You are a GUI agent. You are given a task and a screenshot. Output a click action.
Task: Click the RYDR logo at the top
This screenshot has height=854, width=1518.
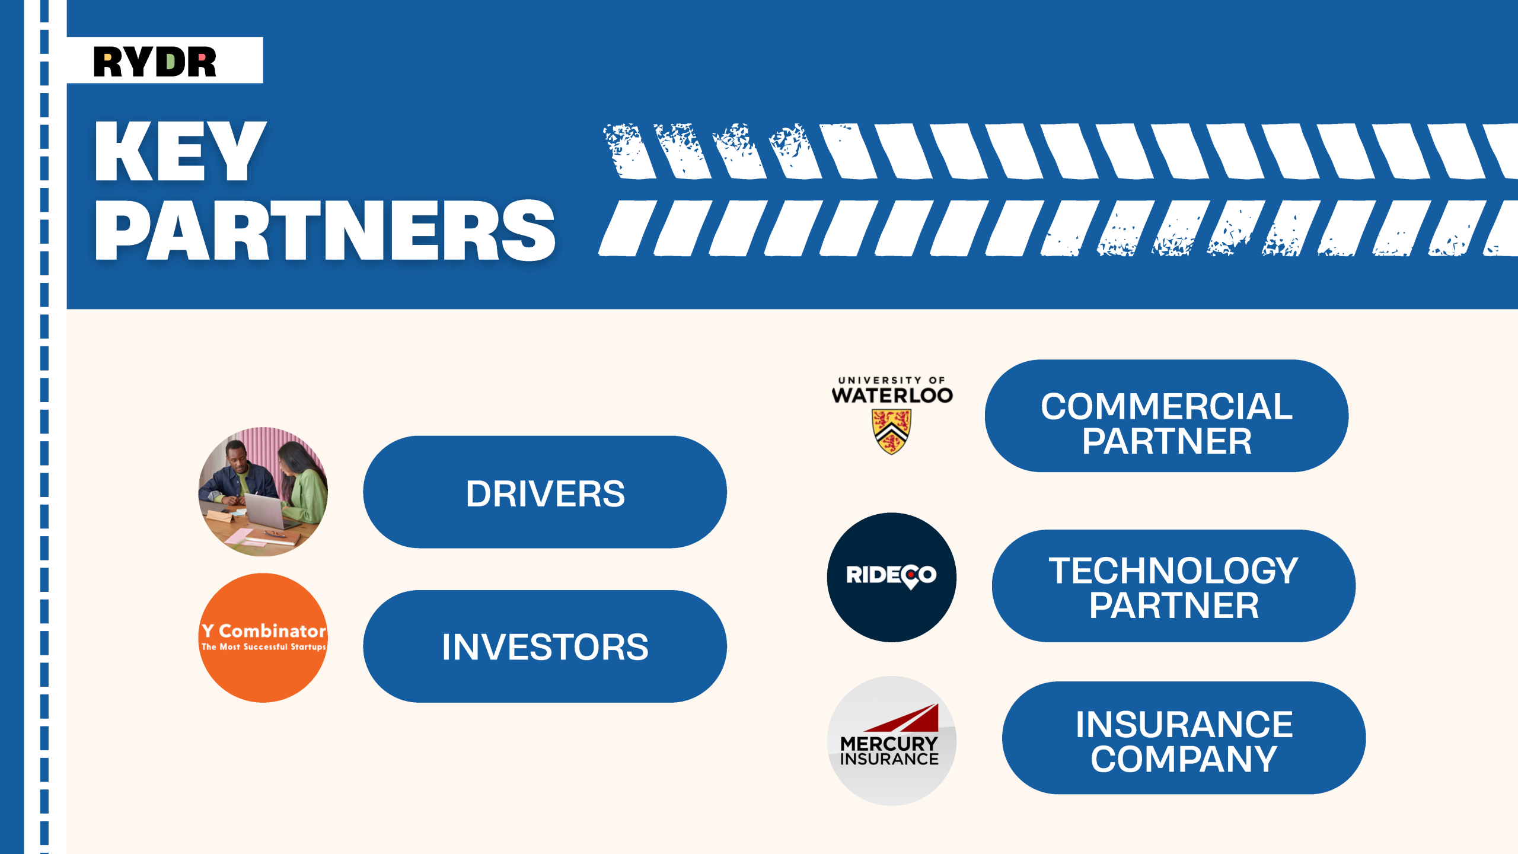point(155,62)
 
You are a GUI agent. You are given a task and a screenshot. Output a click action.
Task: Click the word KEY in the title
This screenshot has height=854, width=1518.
point(180,151)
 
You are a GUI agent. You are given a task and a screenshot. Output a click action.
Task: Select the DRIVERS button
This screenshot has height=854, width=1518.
point(545,492)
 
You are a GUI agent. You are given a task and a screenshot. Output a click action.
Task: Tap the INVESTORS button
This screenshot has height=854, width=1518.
point(545,646)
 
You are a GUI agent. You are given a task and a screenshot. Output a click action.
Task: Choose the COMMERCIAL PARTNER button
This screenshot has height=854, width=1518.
point(1166,416)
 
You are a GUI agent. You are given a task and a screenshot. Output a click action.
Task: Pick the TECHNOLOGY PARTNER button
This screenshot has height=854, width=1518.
point(1173,586)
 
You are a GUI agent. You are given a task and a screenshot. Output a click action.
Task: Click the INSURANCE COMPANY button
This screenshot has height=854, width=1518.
point(1184,738)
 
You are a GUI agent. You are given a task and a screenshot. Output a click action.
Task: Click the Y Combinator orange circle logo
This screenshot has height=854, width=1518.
point(263,638)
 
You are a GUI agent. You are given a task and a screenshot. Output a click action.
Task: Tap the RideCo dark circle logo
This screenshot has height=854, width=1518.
point(892,577)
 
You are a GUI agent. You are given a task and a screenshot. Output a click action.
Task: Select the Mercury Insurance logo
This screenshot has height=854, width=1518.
point(892,741)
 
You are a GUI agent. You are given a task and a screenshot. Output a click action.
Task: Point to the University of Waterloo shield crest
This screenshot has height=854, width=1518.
point(891,432)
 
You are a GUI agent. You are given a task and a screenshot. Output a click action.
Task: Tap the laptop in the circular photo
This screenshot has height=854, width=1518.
point(270,510)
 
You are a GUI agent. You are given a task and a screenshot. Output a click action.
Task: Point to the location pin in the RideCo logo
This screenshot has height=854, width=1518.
point(910,576)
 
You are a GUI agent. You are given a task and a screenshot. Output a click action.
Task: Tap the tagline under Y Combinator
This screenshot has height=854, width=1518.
point(263,647)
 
